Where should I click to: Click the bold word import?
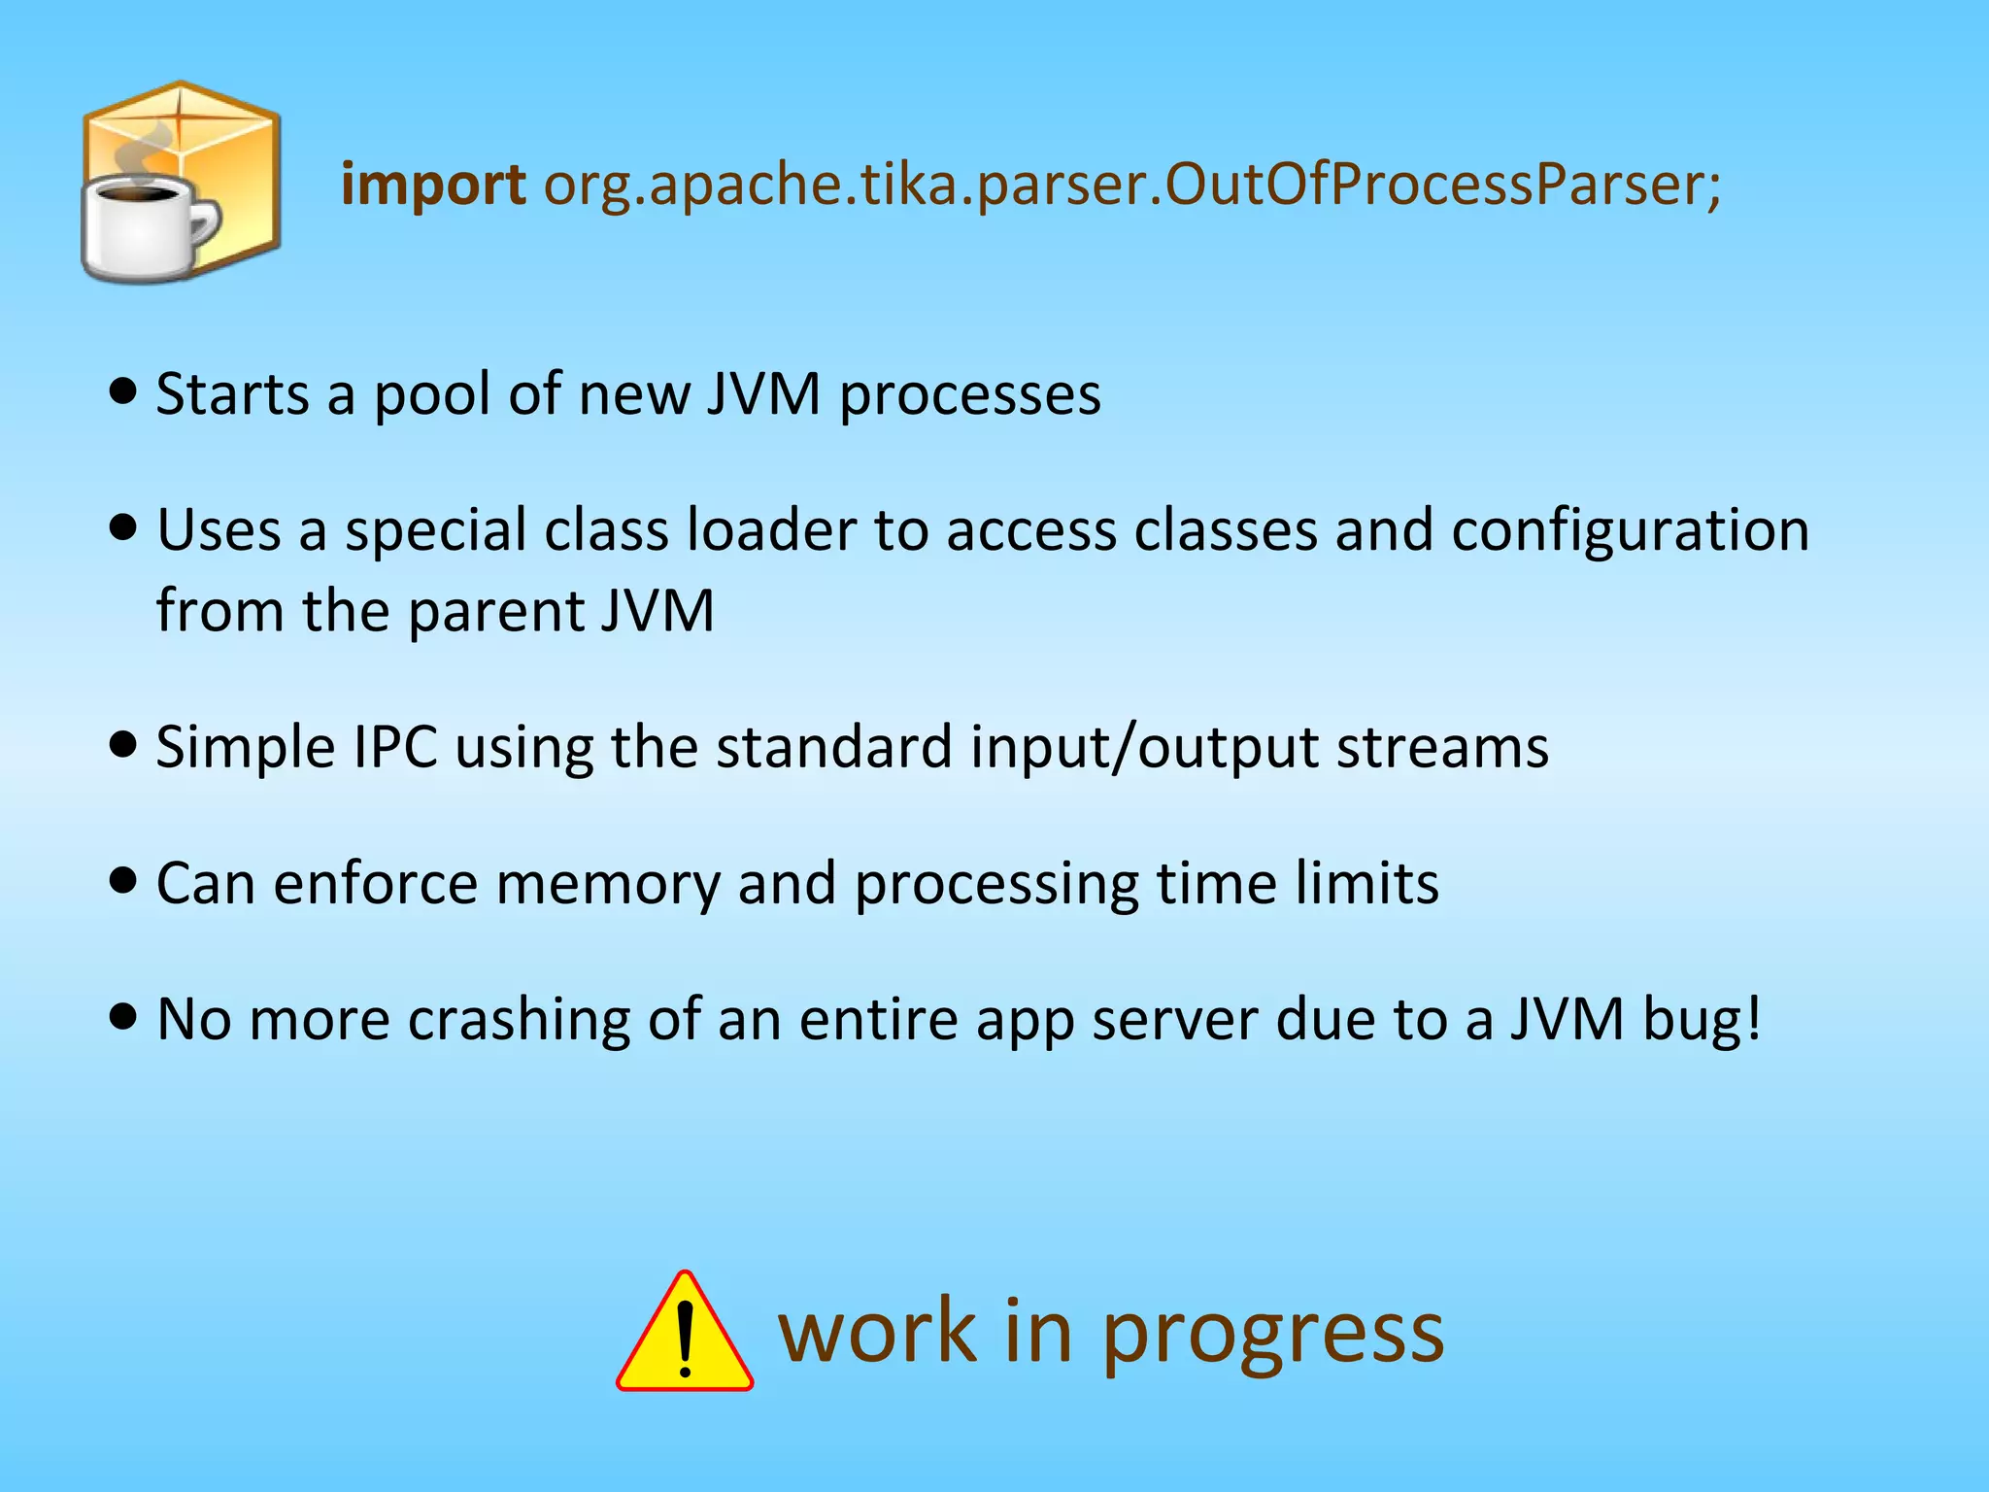point(433,185)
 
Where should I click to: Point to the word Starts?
point(232,394)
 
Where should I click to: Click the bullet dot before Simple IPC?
point(123,746)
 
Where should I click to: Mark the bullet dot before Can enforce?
point(123,881)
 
